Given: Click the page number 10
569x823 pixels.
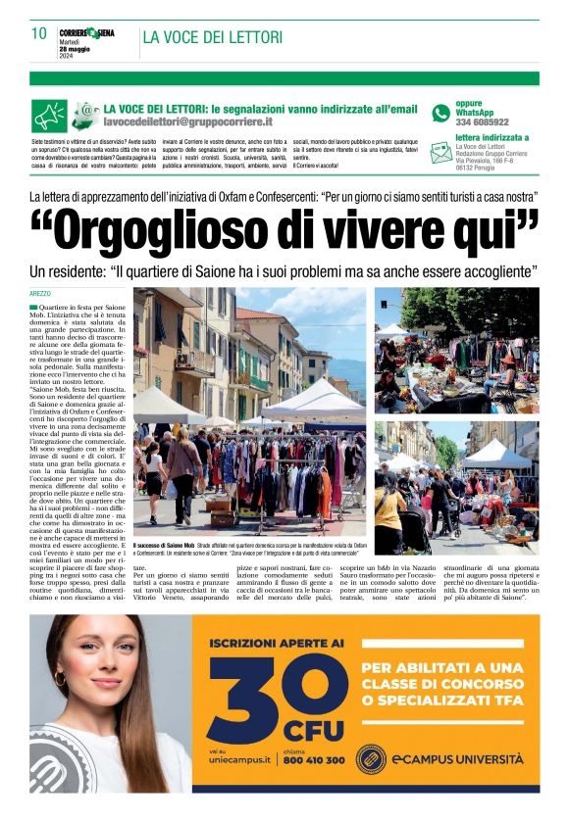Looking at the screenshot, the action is pos(39,33).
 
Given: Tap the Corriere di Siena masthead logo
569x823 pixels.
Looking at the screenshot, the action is pos(86,33).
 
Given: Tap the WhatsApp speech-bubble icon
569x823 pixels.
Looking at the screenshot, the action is pos(440,113).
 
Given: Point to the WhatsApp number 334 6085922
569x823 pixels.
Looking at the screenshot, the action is pos(482,122).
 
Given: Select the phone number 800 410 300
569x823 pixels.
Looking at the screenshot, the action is pos(313,760).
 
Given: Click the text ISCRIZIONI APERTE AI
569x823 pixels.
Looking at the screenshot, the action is pos(276,644).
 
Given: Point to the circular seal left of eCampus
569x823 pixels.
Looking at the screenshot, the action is pos(370,758).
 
